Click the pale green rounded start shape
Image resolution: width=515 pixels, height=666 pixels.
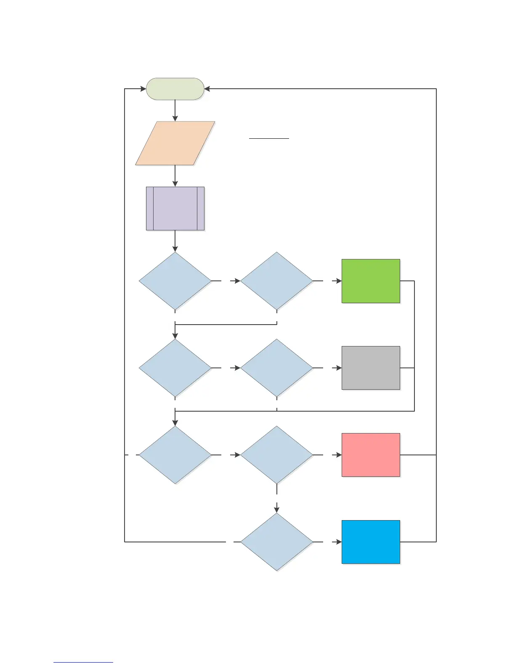pos(175,89)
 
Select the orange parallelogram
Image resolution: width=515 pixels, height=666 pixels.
pos(175,143)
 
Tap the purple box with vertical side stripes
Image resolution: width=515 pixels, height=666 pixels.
pos(175,209)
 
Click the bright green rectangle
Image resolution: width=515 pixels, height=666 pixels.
pos(371,281)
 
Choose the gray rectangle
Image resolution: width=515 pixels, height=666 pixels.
pos(371,368)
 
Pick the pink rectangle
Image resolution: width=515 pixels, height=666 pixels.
pos(371,455)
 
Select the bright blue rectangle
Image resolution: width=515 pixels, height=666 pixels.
pos(371,542)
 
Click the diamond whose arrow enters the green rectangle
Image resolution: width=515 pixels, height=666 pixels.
pos(276,281)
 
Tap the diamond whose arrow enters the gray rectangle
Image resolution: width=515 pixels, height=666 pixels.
pos(276,368)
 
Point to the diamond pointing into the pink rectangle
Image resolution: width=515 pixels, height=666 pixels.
pos(276,455)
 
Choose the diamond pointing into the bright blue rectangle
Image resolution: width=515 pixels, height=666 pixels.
pos(276,542)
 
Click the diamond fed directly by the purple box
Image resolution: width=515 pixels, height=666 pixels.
pos(175,281)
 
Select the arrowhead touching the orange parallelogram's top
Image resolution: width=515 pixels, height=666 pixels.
pos(175,119)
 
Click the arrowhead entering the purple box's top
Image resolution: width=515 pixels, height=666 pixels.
pos(175,184)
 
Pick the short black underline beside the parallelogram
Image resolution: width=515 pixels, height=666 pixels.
pos(269,138)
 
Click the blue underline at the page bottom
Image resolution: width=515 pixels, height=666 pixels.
pos(83,663)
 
